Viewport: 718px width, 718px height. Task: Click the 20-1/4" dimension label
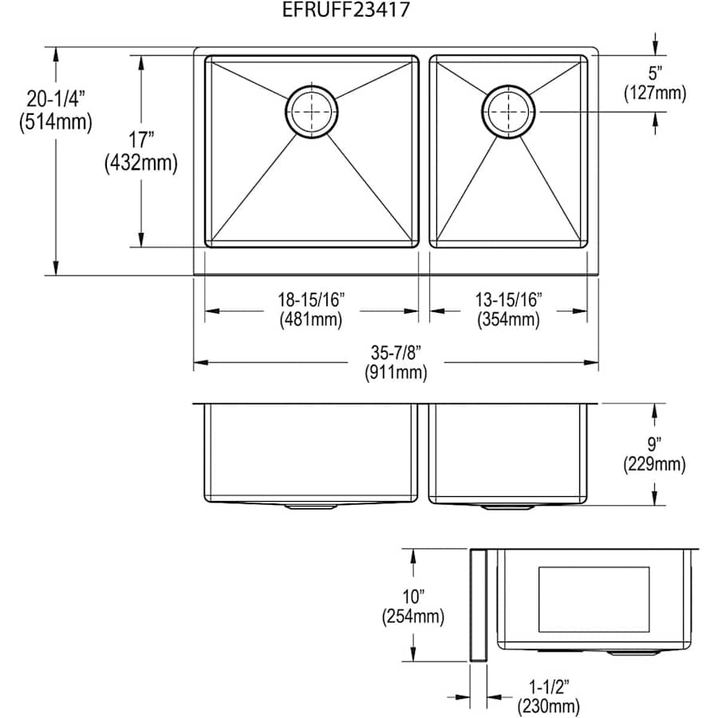(55, 100)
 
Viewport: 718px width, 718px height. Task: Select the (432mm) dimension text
(140, 164)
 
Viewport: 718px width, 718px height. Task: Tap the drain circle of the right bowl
(508, 112)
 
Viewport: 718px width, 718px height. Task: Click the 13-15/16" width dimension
(508, 301)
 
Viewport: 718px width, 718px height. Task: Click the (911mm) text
(396, 372)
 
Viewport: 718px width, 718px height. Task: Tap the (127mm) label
(654, 93)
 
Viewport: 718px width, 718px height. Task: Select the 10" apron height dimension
(412, 596)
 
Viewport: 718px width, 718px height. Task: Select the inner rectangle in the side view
(594, 599)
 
